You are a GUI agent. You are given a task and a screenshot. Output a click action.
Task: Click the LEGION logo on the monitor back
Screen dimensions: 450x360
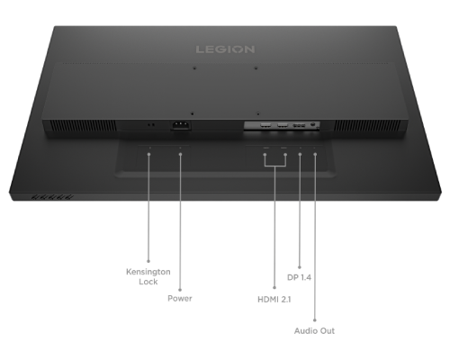pyautogui.click(x=225, y=49)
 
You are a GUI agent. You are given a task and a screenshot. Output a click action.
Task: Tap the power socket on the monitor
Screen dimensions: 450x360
pyautogui.click(x=181, y=125)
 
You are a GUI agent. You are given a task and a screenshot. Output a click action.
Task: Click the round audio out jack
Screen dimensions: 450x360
pyautogui.click(x=313, y=124)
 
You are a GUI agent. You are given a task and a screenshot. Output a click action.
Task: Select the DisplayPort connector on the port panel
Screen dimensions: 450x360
pyautogui.click(x=299, y=125)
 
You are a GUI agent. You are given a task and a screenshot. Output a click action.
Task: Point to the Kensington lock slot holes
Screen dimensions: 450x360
pyautogui.click(x=151, y=124)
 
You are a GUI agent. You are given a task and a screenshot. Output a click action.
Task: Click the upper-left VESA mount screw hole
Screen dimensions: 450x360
pyautogui.click(x=194, y=68)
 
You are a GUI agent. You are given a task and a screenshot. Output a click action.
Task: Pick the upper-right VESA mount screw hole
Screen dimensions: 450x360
pyautogui.click(x=256, y=68)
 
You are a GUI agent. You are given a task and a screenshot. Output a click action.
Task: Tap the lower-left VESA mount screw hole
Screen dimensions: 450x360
pyautogui.click(x=192, y=113)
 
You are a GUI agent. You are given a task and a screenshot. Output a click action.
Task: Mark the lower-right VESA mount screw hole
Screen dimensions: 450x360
pyautogui.click(x=258, y=113)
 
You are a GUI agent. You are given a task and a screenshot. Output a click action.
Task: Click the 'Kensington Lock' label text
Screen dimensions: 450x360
pyautogui.click(x=148, y=276)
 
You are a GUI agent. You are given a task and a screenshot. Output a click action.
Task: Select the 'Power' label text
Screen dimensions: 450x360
pyautogui.click(x=180, y=299)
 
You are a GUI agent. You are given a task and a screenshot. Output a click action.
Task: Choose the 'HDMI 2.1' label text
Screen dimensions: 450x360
pyautogui.click(x=274, y=300)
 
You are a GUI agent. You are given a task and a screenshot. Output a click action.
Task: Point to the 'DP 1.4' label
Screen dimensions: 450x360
pyautogui.click(x=299, y=277)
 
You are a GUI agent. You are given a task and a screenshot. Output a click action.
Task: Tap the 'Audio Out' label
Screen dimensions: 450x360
pyautogui.click(x=314, y=331)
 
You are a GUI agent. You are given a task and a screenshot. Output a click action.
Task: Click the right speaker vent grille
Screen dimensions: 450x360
pyautogui.click(x=369, y=126)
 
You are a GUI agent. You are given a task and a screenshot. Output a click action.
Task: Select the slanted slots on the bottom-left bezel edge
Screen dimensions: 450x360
pyautogui.click(x=52, y=197)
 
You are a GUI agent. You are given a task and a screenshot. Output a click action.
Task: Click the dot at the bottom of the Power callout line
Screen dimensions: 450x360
pyautogui.click(x=180, y=290)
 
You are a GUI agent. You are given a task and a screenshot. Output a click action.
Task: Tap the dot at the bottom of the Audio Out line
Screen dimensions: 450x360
pyautogui.click(x=315, y=320)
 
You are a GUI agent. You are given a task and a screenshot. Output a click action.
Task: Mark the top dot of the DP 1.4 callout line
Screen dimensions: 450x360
pyautogui.click(x=300, y=155)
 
